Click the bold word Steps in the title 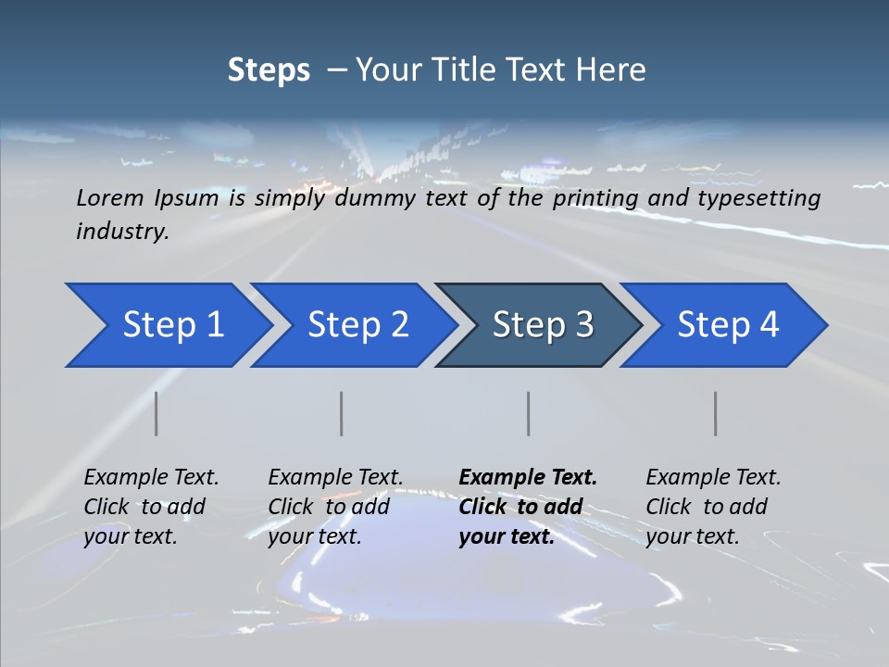point(269,70)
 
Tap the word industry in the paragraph point(122,232)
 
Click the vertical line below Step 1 point(157,413)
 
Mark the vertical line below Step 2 point(342,413)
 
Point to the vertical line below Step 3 point(529,413)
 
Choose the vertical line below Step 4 point(716,413)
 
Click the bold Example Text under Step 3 point(528,478)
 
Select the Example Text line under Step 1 point(151,478)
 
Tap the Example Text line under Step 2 point(335,478)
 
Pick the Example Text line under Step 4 point(713,478)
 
